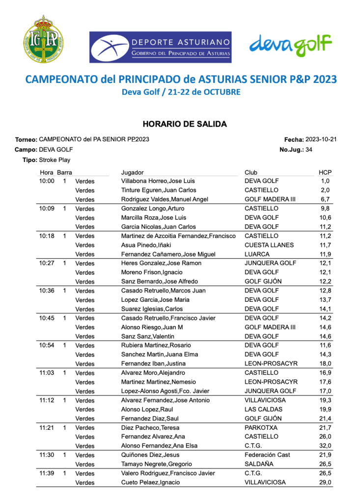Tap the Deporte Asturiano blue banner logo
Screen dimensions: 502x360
(160, 47)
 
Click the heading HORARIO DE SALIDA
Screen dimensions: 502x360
(185, 124)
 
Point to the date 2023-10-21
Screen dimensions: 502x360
(321, 139)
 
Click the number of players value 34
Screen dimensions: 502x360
(309, 150)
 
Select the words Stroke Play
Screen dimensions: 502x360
(55, 160)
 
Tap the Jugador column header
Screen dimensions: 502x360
(132, 172)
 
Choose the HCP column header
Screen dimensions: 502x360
(325, 172)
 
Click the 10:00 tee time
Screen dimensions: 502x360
(47, 181)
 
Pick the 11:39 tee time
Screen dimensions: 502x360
(47, 473)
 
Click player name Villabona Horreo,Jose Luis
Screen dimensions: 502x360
(158, 181)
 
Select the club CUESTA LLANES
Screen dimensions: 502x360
(269, 245)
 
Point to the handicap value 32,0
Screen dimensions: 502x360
(326, 446)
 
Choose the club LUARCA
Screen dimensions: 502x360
(257, 254)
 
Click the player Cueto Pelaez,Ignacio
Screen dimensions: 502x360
(150, 482)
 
